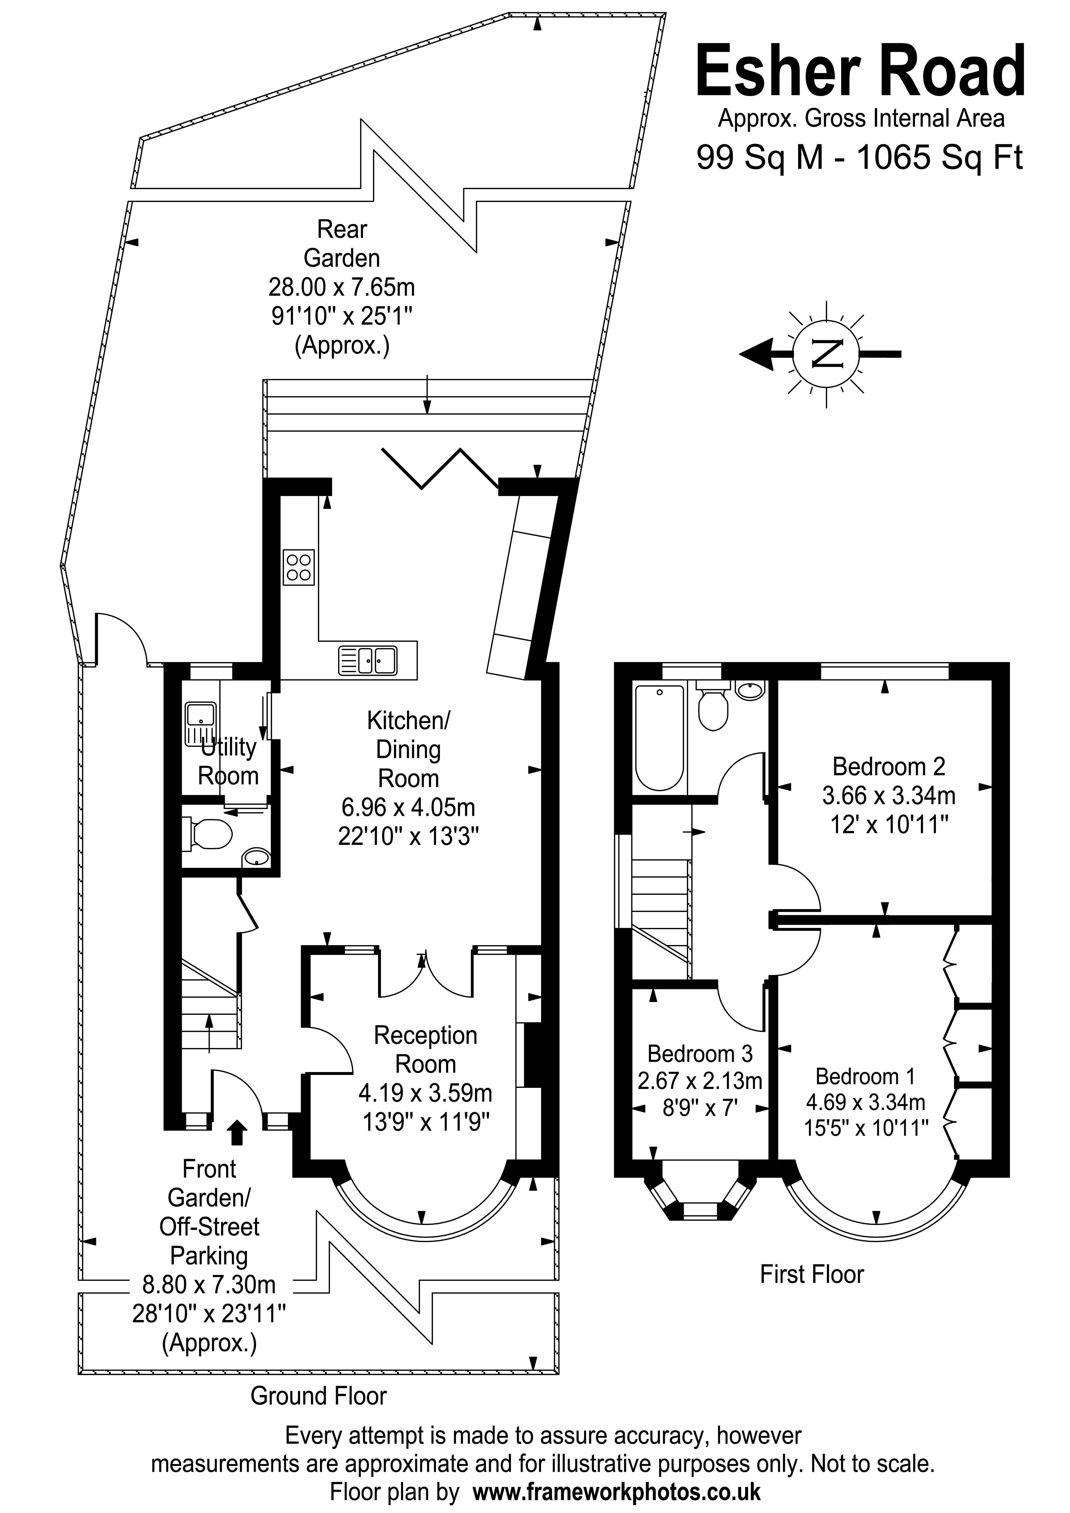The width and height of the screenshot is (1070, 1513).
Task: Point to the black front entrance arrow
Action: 237,1132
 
